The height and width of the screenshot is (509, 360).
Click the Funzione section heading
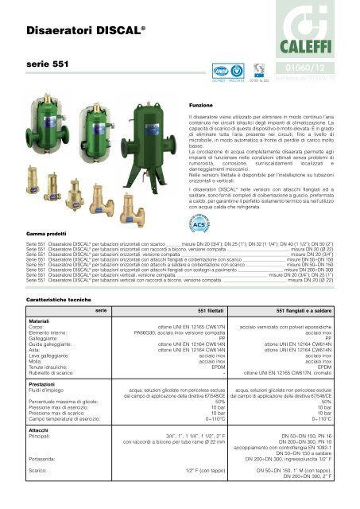pyautogui.click(x=199, y=103)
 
